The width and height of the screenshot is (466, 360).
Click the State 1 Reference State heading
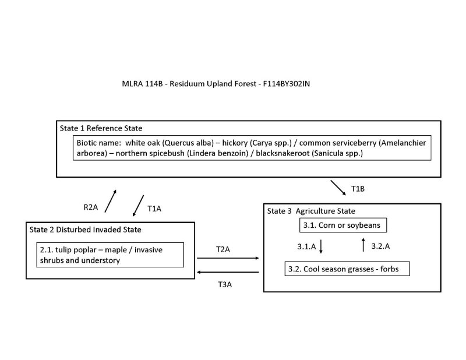pos(101,128)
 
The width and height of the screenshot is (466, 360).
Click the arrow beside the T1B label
pos(337,188)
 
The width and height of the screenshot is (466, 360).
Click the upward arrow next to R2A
pos(110,201)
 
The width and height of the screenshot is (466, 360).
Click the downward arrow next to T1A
pos(138,204)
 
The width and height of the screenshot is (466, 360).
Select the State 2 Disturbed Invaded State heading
pos(85,229)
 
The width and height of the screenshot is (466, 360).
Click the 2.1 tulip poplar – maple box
pos(110,255)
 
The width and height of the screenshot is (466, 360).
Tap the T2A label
pos(223,249)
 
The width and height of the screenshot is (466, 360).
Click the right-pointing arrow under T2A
pos(228,257)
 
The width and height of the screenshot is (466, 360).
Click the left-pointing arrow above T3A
pos(228,272)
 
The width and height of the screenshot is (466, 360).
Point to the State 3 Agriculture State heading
pos(311,210)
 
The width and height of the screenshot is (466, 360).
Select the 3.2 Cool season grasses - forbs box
pos(347,269)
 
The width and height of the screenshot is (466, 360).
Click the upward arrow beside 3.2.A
pos(363,245)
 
